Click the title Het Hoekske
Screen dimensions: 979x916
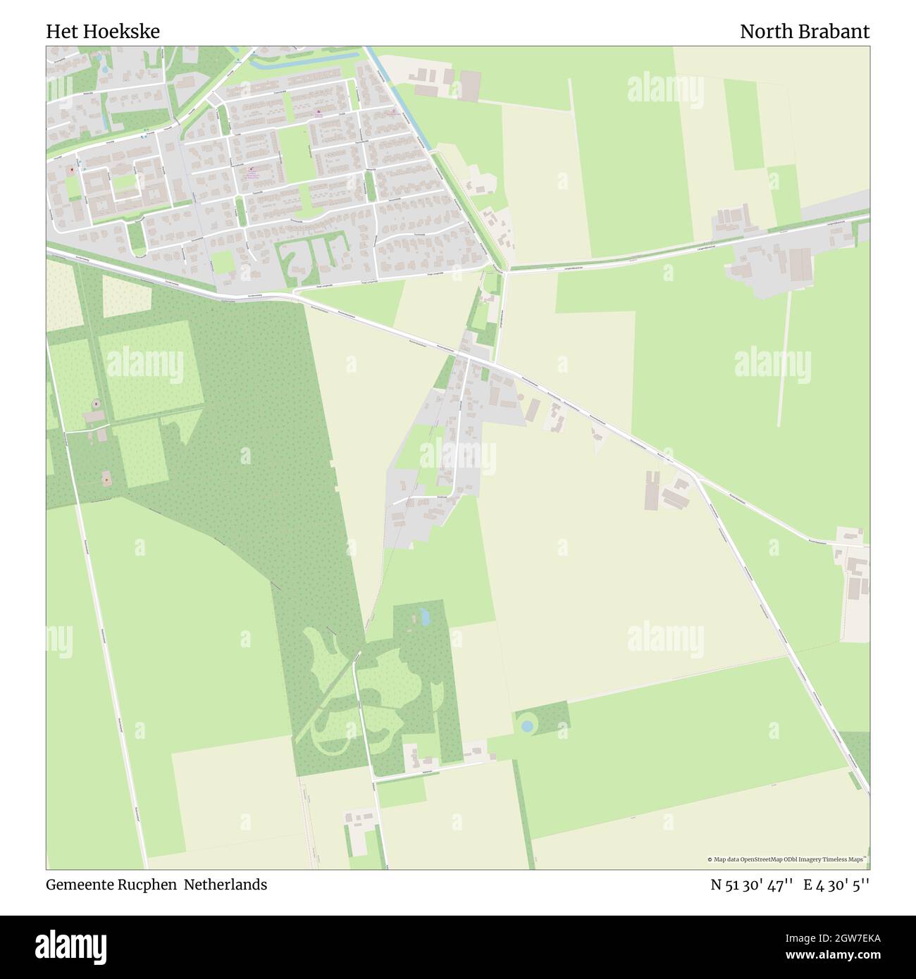click(x=103, y=32)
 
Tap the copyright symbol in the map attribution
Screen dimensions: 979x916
click(x=710, y=859)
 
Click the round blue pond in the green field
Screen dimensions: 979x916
click(x=526, y=725)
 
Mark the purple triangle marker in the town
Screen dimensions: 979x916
click(x=318, y=113)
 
